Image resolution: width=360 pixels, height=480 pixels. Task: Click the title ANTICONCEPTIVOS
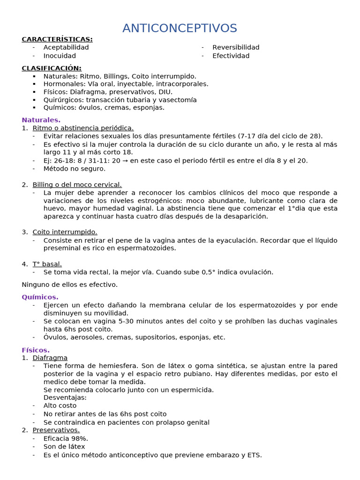[x=180, y=28]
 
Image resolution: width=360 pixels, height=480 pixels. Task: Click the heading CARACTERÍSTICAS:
[x=57, y=39]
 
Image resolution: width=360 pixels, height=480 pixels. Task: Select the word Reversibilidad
[x=236, y=47]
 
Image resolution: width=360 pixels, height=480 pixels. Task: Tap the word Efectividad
[x=231, y=56]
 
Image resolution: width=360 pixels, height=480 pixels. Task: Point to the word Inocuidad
[x=60, y=56]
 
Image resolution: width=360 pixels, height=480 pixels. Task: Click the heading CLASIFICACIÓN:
[x=52, y=68]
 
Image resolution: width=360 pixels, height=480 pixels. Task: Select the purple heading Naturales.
[x=41, y=120]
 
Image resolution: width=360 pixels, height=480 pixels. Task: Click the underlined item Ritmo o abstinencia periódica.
[x=83, y=128]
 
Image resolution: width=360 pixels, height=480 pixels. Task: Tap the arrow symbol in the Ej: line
[x=125, y=160]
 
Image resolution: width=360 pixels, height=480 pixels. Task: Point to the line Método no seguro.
[x=75, y=168]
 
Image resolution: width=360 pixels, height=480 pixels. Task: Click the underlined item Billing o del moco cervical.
[x=77, y=185]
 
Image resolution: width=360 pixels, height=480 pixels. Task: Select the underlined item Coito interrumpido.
[x=65, y=232]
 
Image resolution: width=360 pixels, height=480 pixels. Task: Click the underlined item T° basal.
[x=47, y=264]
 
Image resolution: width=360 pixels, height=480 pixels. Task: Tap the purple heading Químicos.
[x=40, y=297]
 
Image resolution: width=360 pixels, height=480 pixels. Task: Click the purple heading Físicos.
[x=36, y=350]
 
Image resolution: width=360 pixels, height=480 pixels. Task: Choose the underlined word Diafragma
[x=50, y=358]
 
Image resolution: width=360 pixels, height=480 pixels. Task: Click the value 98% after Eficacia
[x=80, y=438]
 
